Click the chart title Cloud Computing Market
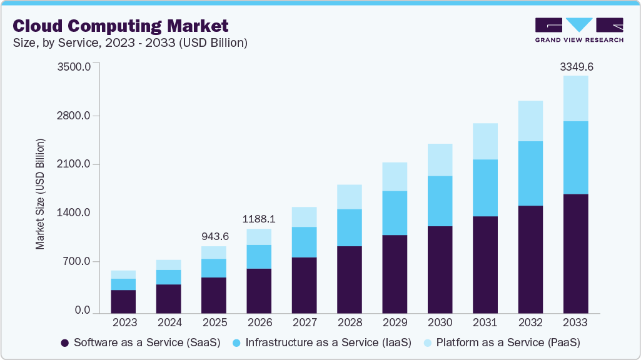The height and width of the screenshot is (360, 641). point(120,26)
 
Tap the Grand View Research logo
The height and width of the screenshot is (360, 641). point(578,30)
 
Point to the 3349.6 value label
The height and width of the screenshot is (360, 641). point(575,66)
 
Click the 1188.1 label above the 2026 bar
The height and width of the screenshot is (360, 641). point(259,219)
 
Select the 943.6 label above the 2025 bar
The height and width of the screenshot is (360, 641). point(214,236)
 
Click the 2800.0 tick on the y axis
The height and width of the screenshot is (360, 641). point(74,116)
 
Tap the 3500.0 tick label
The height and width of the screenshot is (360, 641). point(74,66)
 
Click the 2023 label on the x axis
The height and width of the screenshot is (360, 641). point(124,322)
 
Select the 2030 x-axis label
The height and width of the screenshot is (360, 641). point(440,322)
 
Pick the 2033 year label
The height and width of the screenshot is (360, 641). point(575,322)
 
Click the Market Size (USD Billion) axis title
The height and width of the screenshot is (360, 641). point(40,194)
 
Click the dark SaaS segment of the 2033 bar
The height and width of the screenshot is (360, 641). point(575,253)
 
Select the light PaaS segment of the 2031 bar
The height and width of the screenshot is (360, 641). point(485,141)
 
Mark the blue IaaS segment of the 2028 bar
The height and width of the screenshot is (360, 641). point(350,227)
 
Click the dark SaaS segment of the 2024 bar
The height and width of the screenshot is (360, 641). point(169,298)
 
